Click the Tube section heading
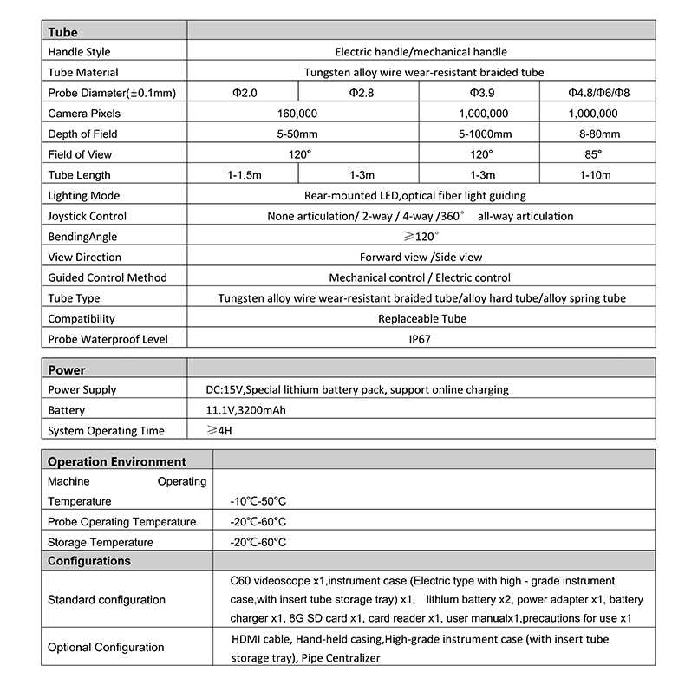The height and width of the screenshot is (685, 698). pyautogui.click(x=62, y=32)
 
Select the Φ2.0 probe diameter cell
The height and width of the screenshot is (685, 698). pyautogui.click(x=245, y=93)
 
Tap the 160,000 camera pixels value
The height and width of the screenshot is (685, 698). pyautogui.click(x=297, y=114)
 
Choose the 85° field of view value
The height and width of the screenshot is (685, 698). pyautogui.click(x=594, y=154)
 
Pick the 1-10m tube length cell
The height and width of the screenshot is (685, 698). pyautogui.click(x=595, y=175)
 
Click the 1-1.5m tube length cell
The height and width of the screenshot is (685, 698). pyautogui.click(x=245, y=175)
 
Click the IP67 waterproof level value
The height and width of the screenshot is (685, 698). pyautogui.click(x=421, y=339)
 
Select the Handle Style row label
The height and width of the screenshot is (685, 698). pyautogui.click(x=80, y=52)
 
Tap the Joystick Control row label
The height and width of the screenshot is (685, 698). pyautogui.click(x=87, y=216)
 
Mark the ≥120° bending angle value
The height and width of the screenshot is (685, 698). pyautogui.click(x=421, y=236)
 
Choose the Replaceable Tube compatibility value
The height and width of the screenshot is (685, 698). pyautogui.click(x=421, y=318)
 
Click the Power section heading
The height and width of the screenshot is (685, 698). pyautogui.click(x=67, y=370)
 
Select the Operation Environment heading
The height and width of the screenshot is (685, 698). pyautogui.click(x=117, y=462)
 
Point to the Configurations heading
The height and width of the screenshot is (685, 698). pyautogui.click(x=89, y=561)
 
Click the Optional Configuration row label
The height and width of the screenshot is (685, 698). pyautogui.click(x=106, y=647)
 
